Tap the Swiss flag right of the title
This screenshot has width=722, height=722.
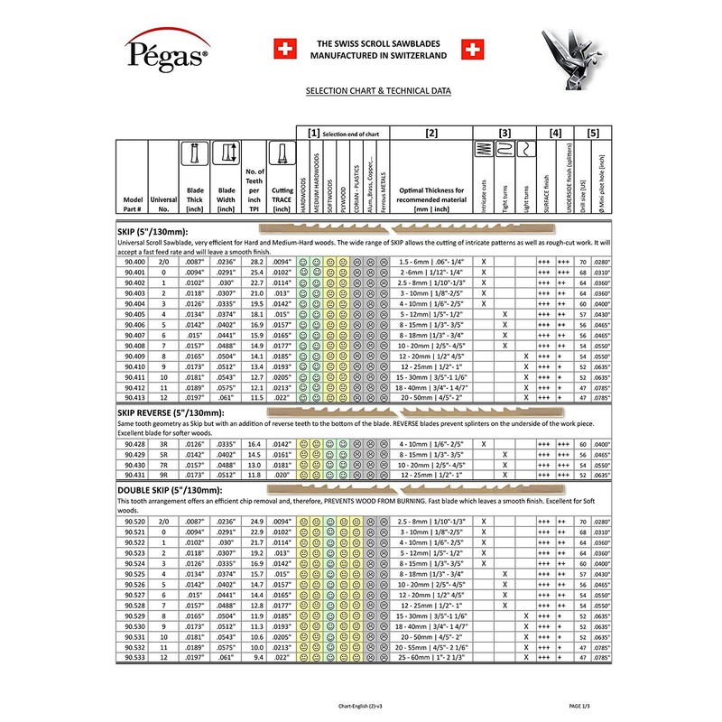point(472,48)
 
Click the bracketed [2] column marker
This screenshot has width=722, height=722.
point(430,134)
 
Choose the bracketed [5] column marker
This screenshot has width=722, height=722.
point(592,134)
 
